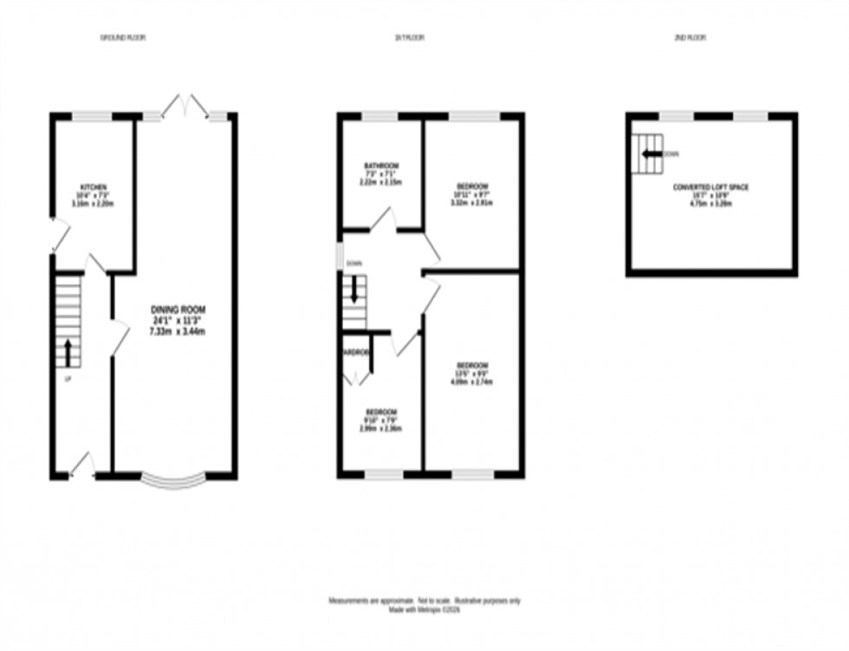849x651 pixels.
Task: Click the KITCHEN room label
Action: [x=94, y=187]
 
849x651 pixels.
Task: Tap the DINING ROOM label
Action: [x=179, y=309]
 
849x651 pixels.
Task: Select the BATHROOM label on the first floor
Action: [x=381, y=166]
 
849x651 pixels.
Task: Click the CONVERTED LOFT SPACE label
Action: [x=710, y=187]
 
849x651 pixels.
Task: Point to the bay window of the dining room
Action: [x=173, y=479]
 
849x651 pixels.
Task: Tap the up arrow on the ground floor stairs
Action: [x=68, y=351]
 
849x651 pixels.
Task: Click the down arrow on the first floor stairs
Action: [x=353, y=291]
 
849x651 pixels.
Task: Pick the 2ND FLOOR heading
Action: [x=690, y=37]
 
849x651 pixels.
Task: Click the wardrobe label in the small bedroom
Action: [x=356, y=353]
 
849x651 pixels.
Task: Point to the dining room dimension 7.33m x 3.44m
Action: [x=179, y=331]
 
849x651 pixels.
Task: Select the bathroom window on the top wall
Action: [x=379, y=116]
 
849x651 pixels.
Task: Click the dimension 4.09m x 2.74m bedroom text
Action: [x=472, y=381]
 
